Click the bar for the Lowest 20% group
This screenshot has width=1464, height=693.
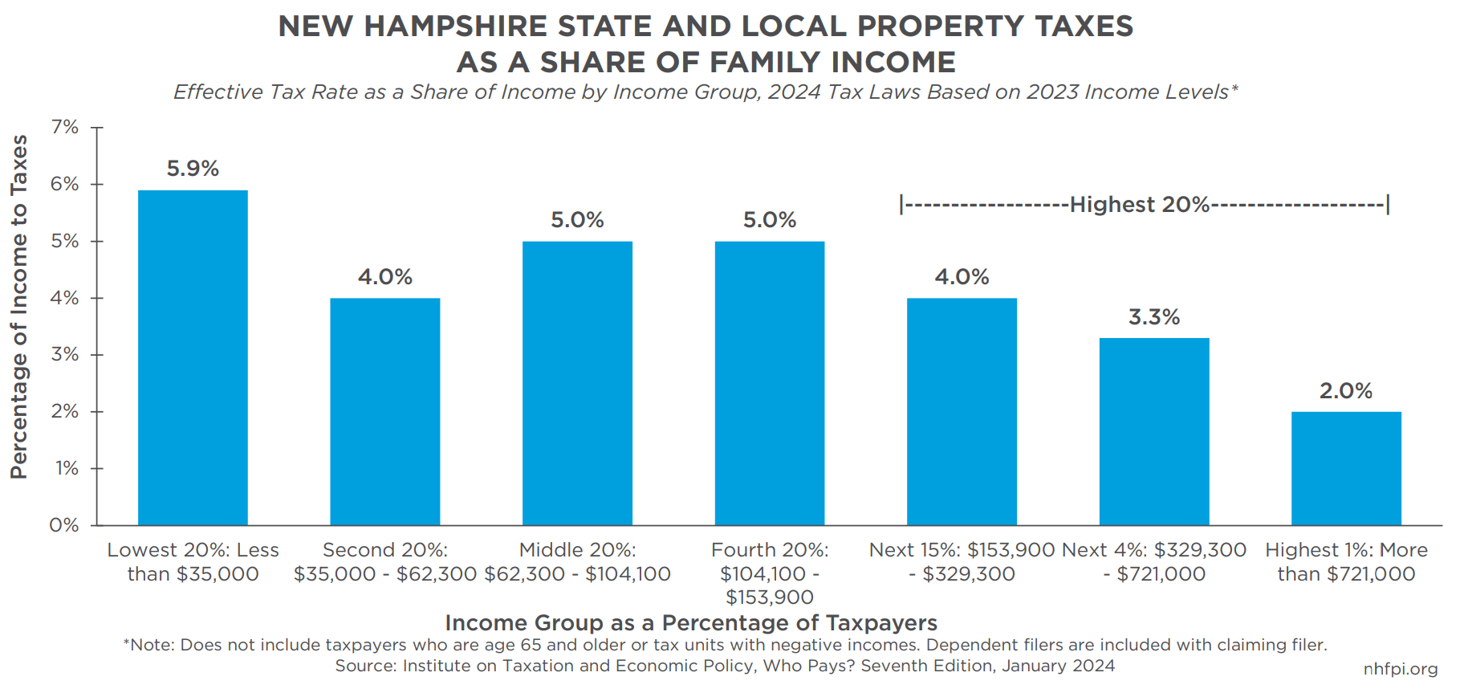pyautogui.click(x=193, y=357)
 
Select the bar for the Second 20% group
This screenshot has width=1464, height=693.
pyautogui.click(x=385, y=411)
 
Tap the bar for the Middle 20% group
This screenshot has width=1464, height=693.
pyautogui.click(x=577, y=383)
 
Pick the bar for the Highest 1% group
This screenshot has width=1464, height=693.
pyautogui.click(x=1346, y=468)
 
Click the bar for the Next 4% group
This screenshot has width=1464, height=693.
pyautogui.click(x=1154, y=431)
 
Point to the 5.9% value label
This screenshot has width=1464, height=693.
pyautogui.click(x=193, y=169)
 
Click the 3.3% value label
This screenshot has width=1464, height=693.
pyautogui.click(x=1154, y=317)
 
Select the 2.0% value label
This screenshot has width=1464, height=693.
pyautogui.click(x=1346, y=391)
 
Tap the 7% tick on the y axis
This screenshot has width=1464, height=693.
pyautogui.click(x=65, y=127)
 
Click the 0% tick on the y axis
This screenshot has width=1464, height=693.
pyautogui.click(x=64, y=525)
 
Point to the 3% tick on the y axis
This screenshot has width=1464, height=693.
pyautogui.click(x=65, y=354)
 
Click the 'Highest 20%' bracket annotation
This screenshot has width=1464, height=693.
pyautogui.click(x=1140, y=205)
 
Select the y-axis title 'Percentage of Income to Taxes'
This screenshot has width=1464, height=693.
pyautogui.click(x=19, y=307)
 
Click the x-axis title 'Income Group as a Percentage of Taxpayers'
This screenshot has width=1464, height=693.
pyautogui.click(x=691, y=623)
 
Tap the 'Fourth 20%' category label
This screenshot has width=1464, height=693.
pyautogui.click(x=770, y=573)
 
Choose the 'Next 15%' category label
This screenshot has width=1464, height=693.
pyautogui.click(x=962, y=561)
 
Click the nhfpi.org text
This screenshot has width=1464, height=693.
pyautogui.click(x=1400, y=669)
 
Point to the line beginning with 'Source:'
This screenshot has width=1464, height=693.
pyautogui.click(x=725, y=666)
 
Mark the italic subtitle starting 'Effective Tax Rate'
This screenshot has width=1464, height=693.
pyautogui.click(x=706, y=92)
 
